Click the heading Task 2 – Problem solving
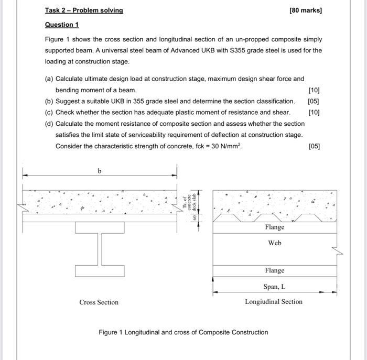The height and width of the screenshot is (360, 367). [x=84, y=10]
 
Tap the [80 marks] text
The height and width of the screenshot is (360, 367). [x=306, y=10]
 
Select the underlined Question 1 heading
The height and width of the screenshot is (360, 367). [x=61, y=25]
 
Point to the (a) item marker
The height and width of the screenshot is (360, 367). [x=49, y=79]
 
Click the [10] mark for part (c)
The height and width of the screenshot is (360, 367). [x=314, y=112]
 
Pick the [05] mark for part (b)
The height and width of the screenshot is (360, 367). [x=314, y=101]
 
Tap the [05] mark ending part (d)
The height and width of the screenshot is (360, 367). [x=314, y=146]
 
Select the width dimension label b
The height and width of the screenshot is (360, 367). [x=100, y=171]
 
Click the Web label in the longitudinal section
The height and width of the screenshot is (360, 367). [x=275, y=243]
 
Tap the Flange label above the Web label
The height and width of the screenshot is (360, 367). [x=275, y=227]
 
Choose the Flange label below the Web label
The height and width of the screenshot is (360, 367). [x=275, y=270]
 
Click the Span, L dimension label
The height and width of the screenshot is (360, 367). [x=275, y=287]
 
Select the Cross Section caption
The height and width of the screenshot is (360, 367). [x=99, y=302]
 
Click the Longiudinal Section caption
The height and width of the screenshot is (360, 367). [x=274, y=301]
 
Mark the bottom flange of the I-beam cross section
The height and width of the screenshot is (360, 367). [x=100, y=271]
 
